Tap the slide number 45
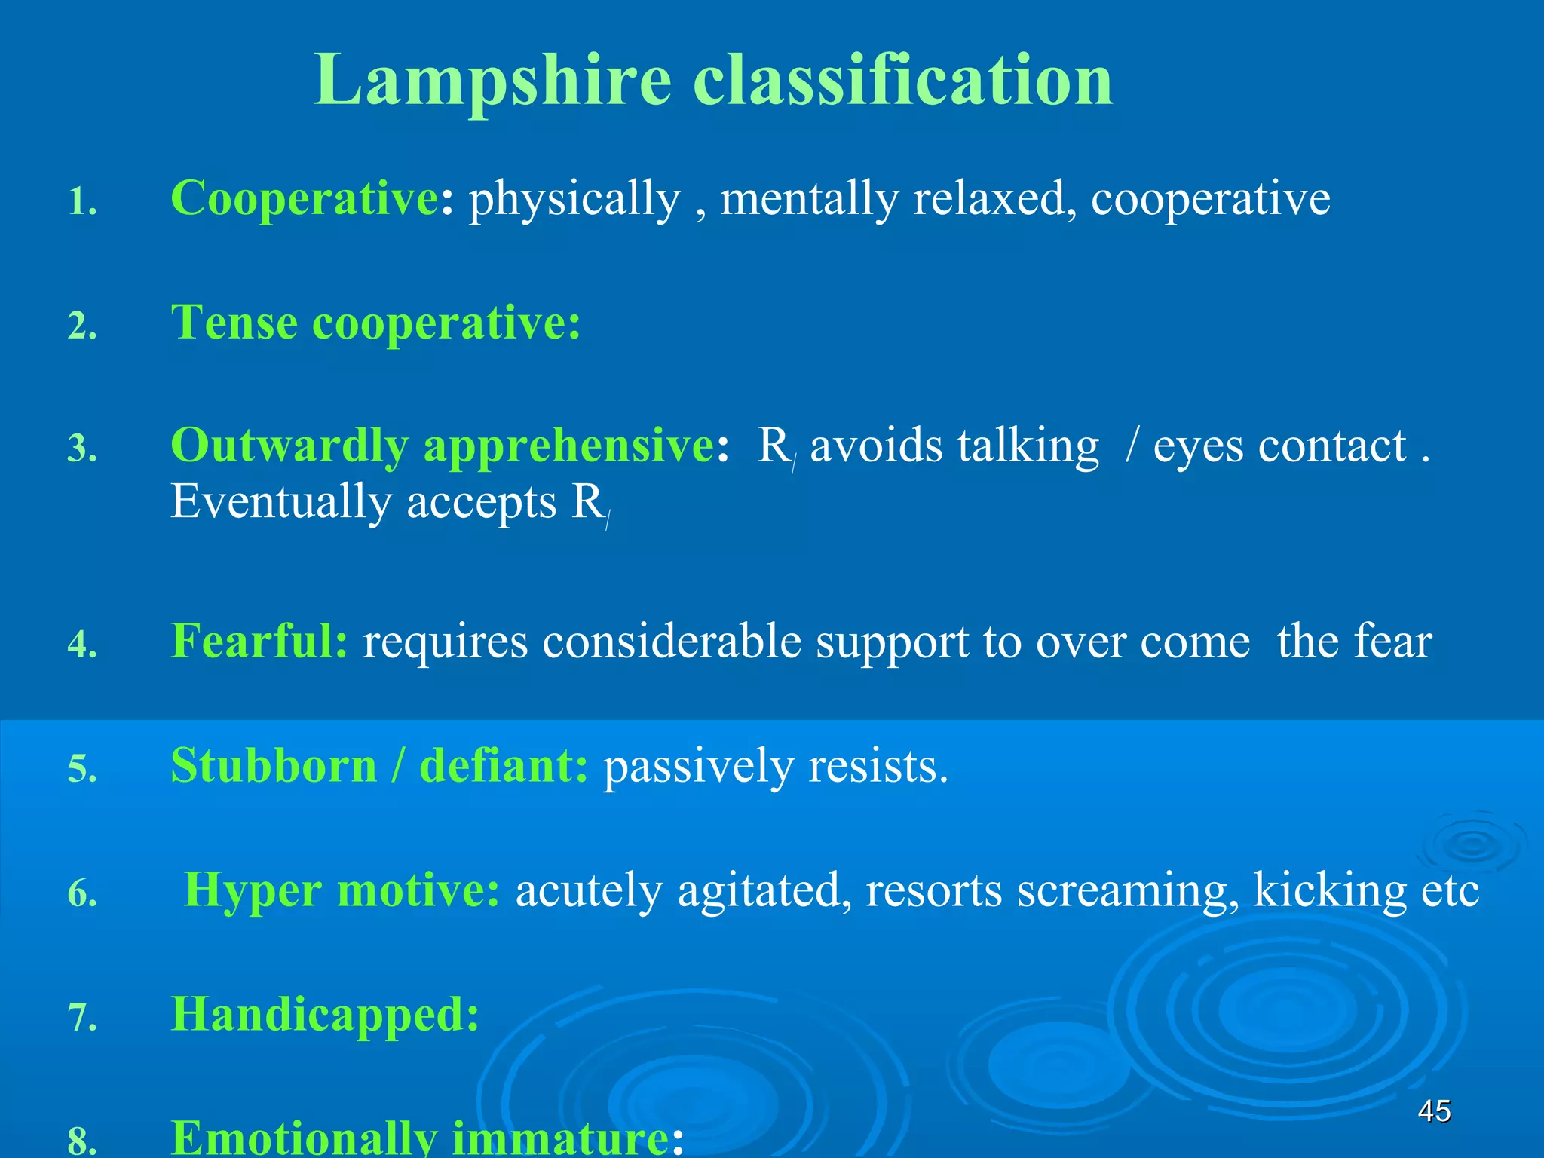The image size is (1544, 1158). (x=1434, y=1111)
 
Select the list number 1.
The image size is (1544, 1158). (x=82, y=202)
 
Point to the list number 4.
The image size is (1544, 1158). (x=82, y=645)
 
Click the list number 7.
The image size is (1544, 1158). (x=82, y=1018)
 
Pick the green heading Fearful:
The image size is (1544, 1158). (x=259, y=641)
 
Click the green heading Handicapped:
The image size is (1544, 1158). (x=325, y=1014)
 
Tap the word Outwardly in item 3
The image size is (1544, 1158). (x=289, y=446)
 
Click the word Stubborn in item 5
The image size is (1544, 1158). (x=274, y=766)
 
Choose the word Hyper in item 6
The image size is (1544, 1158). (x=253, y=890)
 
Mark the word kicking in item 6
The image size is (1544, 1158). (x=1330, y=890)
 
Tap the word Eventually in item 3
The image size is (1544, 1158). (x=280, y=502)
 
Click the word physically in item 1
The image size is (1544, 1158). (x=574, y=200)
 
